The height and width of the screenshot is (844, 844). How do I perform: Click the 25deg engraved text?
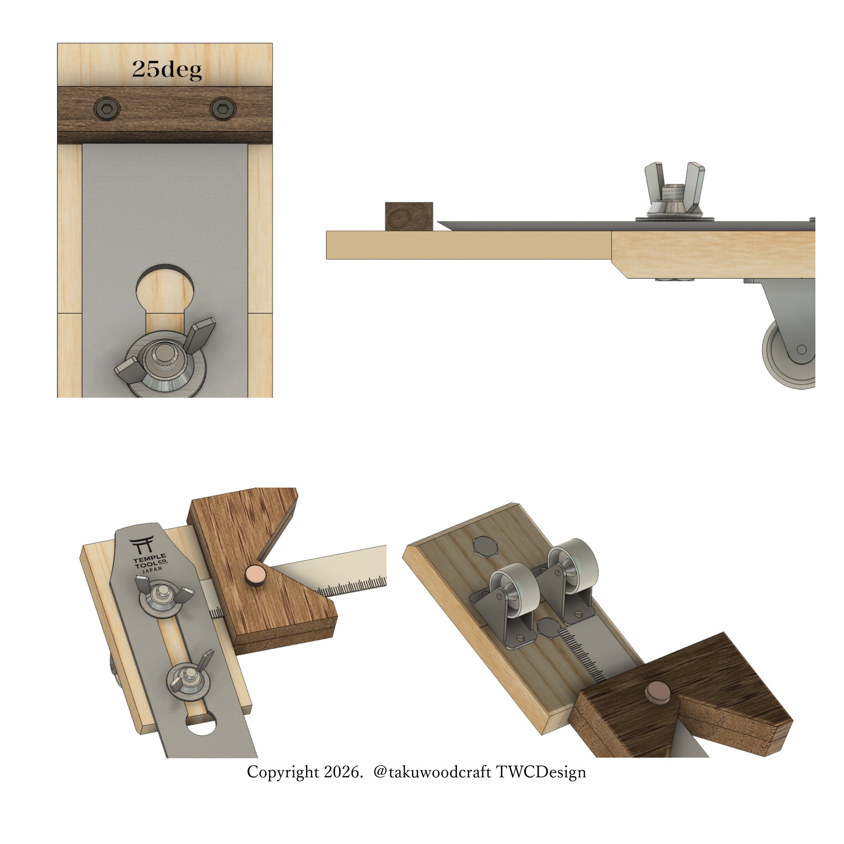pyautogui.click(x=166, y=69)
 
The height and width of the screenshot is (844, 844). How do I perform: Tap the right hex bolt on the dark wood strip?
pyautogui.click(x=223, y=108)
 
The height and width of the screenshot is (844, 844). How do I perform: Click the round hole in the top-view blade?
pyautogui.click(x=165, y=286)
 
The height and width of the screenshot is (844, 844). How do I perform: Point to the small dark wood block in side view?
pyautogui.click(x=409, y=216)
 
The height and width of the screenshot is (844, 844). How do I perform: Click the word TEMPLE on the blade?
pyautogui.click(x=149, y=559)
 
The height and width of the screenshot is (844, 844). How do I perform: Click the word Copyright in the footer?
pyautogui.click(x=283, y=772)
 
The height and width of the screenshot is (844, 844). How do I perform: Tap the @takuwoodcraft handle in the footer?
pyautogui.click(x=432, y=772)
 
